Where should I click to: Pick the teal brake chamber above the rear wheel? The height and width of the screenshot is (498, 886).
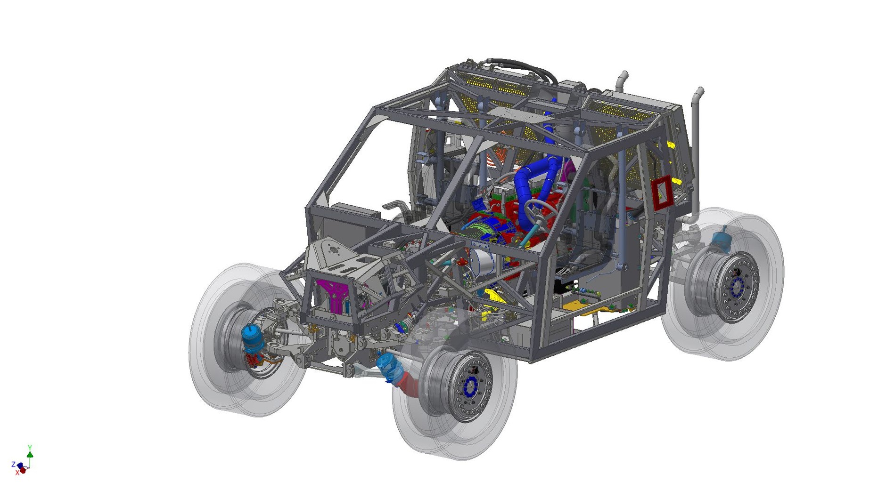tap(720, 238)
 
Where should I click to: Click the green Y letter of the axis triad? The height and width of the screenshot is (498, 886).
tap(30, 447)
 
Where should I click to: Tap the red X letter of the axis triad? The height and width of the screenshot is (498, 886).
tap(17, 473)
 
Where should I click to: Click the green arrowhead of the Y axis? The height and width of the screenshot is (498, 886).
tap(30, 454)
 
